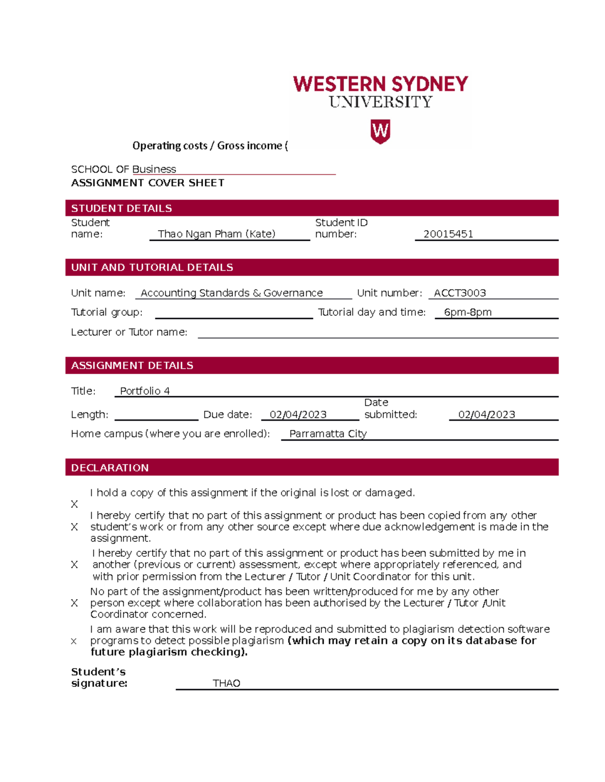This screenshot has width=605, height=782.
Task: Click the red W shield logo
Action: [380, 131]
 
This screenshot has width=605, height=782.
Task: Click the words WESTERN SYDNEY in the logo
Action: [380, 84]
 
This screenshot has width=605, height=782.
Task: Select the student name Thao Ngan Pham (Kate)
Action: [216, 234]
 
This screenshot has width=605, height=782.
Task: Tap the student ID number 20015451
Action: [448, 234]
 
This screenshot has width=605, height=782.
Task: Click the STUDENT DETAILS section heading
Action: [122, 208]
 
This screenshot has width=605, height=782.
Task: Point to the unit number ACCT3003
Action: [459, 293]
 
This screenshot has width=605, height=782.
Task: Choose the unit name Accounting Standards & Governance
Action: [231, 293]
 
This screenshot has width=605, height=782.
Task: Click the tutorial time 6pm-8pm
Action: [467, 312]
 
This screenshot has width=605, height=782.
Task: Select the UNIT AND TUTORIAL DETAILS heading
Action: [152, 267]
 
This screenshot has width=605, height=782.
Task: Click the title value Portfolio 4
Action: [145, 391]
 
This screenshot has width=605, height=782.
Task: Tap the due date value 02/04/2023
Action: [298, 415]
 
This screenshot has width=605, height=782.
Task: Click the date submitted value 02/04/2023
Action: [487, 415]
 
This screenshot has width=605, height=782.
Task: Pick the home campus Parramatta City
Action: [328, 434]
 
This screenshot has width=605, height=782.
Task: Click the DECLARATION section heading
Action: [110, 468]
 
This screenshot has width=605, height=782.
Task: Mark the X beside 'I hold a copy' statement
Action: [75, 504]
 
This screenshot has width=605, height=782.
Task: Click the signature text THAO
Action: [226, 683]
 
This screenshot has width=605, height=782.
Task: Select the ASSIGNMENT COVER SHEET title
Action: [148, 183]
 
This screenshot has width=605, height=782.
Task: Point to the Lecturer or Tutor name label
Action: [129, 332]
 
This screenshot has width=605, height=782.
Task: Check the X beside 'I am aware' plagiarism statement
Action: [74, 642]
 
